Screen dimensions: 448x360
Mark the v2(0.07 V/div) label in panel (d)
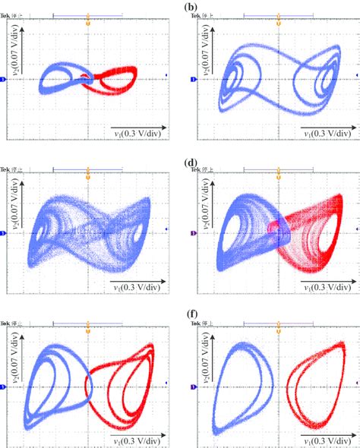click(x=207, y=199)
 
